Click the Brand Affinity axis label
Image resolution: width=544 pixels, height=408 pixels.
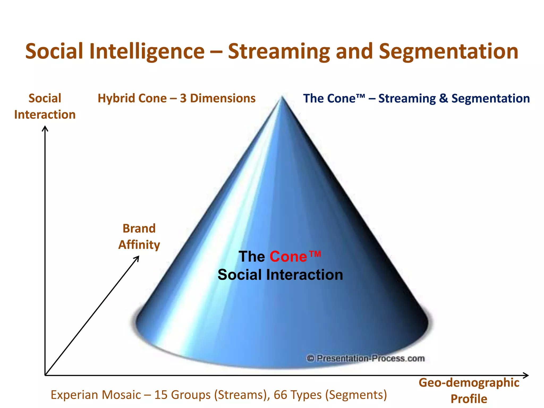click(x=139, y=236)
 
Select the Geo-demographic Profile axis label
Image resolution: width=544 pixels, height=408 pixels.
click(x=469, y=390)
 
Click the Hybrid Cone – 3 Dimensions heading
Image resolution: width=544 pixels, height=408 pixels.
click(x=176, y=98)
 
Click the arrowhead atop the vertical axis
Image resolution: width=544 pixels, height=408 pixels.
click(x=45, y=128)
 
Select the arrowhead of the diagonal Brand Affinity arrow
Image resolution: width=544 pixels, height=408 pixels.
click(x=137, y=258)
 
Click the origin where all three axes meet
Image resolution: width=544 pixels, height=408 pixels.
click(x=45, y=375)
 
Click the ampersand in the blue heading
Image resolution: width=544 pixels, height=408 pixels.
click(x=443, y=98)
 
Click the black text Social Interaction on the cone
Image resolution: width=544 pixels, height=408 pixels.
click(x=280, y=275)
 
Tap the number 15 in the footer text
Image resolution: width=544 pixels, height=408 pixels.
click(x=161, y=395)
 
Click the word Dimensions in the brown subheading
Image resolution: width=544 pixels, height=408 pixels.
click(x=223, y=98)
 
